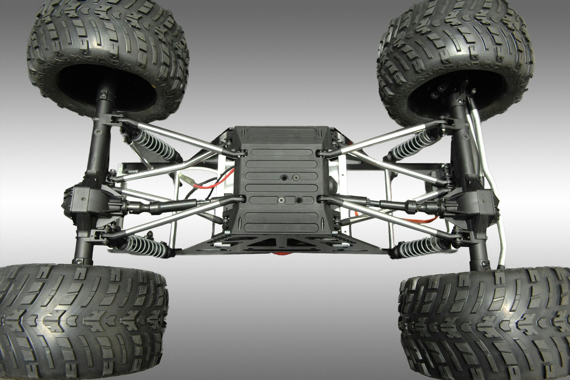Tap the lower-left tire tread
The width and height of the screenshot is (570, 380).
click(x=84, y=323)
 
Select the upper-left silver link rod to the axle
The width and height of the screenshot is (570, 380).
click(x=175, y=135)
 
